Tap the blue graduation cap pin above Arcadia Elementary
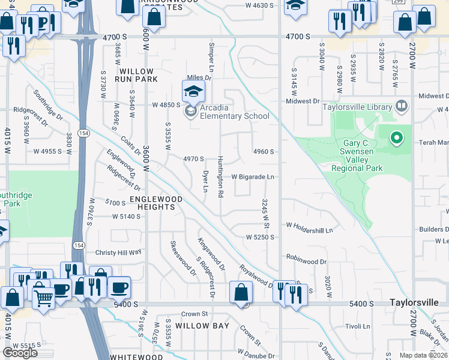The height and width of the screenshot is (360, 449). (193, 91)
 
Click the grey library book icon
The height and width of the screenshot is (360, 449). (402, 107)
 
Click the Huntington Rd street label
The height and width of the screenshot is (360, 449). (220, 177)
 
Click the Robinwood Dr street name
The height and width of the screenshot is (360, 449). (306, 262)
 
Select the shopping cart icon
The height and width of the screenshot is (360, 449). (43, 296)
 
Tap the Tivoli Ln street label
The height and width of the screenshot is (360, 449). (358, 326)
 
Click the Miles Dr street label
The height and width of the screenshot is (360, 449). (200, 77)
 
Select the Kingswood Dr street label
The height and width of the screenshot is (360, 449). (211, 254)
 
